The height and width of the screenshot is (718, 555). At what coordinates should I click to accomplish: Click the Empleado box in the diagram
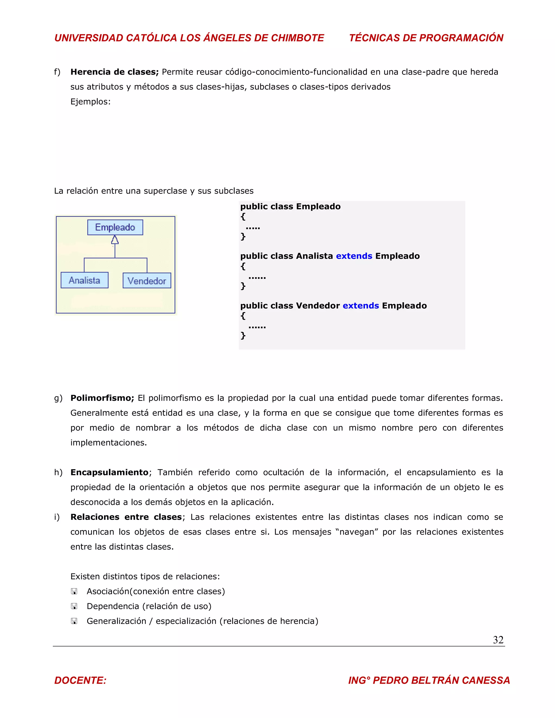coord(115,227)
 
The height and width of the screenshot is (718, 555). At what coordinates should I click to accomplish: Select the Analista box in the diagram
coord(85,280)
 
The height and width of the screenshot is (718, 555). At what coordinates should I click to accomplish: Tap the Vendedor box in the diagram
coord(147,281)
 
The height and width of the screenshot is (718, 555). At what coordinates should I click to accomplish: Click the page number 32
coord(498,639)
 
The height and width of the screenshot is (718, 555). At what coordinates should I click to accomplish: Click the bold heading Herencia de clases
coord(114,72)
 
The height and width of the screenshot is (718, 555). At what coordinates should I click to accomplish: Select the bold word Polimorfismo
coord(102,398)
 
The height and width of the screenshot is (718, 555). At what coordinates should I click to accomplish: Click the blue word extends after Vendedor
coord(361,305)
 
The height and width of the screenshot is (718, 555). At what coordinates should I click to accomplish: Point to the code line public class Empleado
coord(290,206)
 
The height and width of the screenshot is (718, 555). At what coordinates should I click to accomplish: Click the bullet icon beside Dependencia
coord(74,606)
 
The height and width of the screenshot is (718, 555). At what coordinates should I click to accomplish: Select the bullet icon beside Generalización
coord(74,621)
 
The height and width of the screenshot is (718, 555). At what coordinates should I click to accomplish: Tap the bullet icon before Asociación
coord(74,591)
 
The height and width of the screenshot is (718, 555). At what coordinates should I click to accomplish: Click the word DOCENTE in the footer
coord(80,680)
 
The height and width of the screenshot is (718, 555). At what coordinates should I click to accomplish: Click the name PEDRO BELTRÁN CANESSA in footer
coord(441,680)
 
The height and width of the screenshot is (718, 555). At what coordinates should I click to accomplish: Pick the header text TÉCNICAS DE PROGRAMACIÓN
coord(426,38)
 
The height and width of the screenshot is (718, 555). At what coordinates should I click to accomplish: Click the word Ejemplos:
coord(91,101)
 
